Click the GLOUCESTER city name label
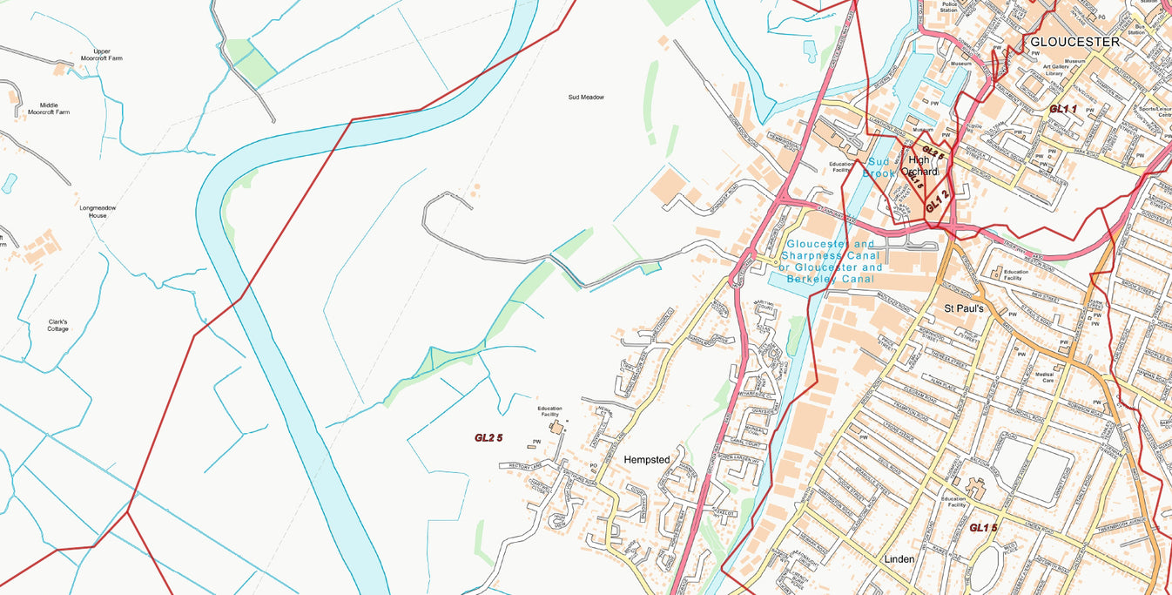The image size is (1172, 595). tap(1074, 42)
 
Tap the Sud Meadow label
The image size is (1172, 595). tap(585, 98)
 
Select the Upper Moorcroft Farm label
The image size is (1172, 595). tap(102, 56)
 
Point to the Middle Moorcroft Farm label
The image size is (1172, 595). tap(49, 108)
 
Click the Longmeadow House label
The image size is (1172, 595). tap(97, 212)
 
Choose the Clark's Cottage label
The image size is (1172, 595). tap(57, 325)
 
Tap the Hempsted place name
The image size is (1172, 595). tap(647, 459)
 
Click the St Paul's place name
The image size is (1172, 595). tap(964, 308)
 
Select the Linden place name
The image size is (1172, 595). tap(899, 558)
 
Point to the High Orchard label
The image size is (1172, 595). tap(921, 166)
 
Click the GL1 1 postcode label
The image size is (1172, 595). tap(1063, 109)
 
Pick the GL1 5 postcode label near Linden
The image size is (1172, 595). tap(983, 528)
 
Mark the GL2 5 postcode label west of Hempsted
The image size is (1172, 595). tap(488, 437)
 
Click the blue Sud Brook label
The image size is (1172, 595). tap(879, 167)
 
